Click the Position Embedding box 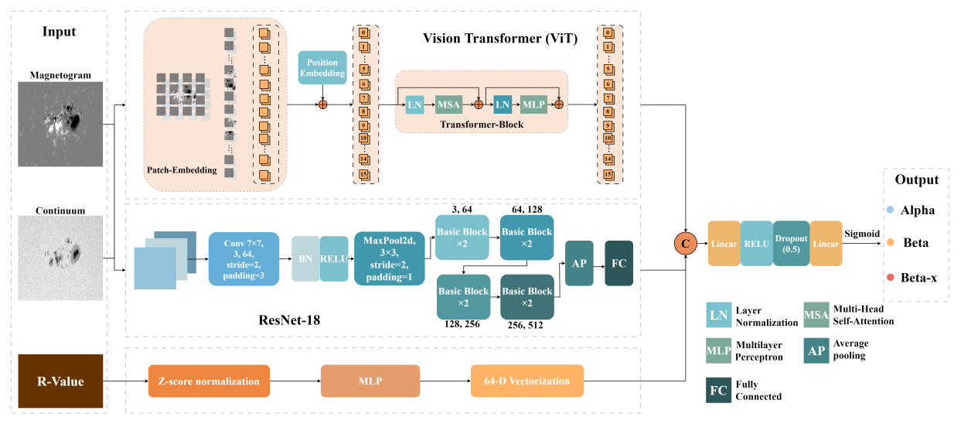click(322, 68)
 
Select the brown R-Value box click(60, 381)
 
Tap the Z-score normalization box click(209, 381)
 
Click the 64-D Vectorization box click(526, 381)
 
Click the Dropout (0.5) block click(791, 243)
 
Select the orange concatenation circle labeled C click(685, 243)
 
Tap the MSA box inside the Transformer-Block click(448, 103)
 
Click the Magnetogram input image click(61, 124)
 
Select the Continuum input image click(61, 257)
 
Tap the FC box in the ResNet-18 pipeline click(619, 263)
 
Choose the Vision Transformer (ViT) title click(500, 38)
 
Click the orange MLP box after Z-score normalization click(369, 381)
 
